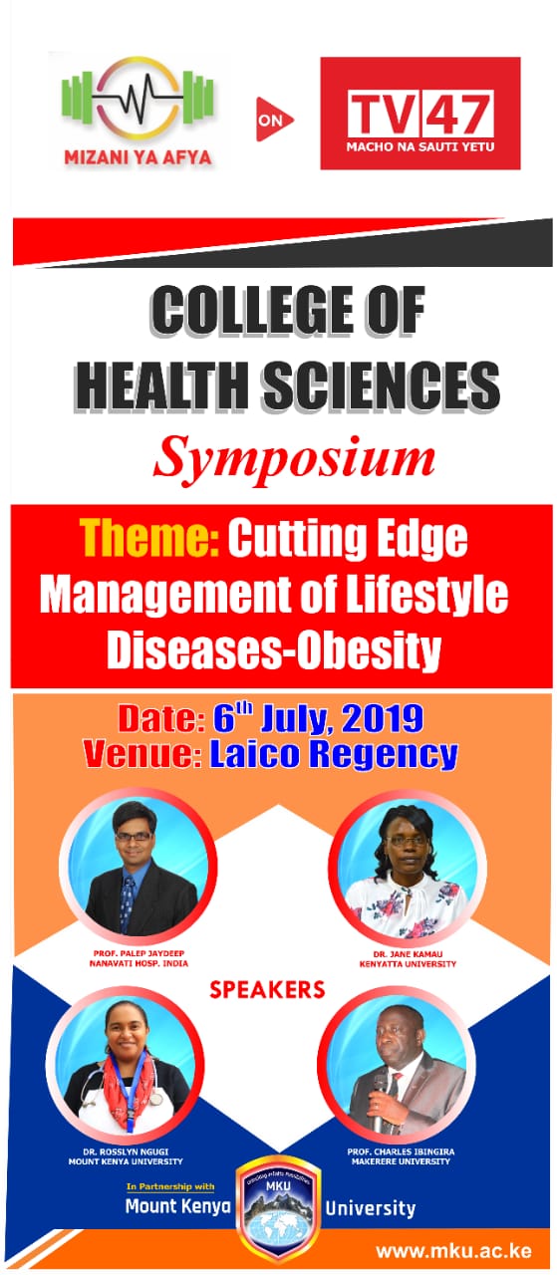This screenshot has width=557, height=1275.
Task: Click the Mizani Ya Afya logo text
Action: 138,156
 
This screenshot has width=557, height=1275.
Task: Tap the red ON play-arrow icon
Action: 273,120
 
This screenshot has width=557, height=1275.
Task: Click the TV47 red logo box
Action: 420,113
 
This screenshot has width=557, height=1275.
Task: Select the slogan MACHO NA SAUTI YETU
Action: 420,146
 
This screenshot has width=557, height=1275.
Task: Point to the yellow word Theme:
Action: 149,538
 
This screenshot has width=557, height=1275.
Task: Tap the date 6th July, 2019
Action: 319,719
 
